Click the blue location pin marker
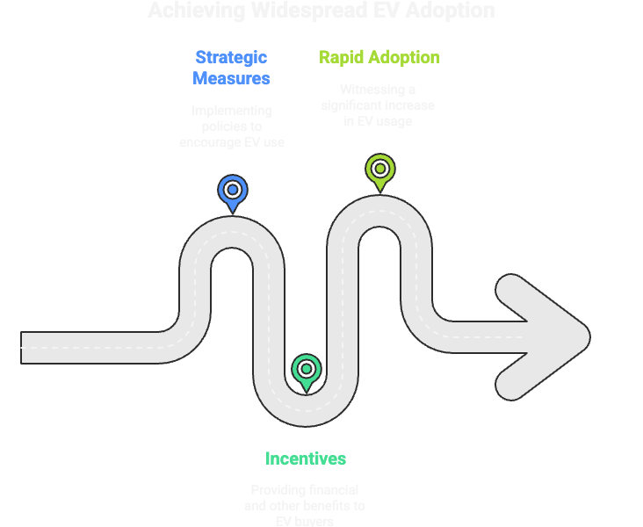pos(232,191)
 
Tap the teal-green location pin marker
pos(306,370)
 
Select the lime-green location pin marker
pos(379,169)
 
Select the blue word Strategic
pos(231,57)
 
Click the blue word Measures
pos(231,78)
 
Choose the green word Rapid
pos(343,57)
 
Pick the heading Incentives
pos(306,458)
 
